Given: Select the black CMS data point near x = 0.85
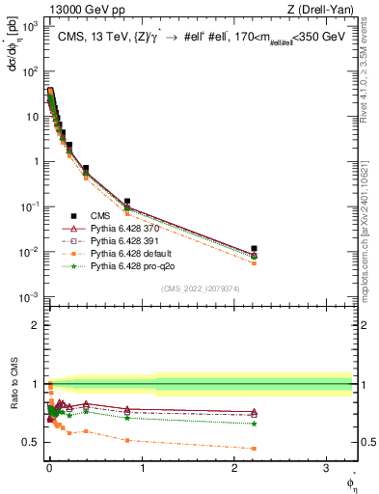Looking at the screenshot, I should click(x=127, y=202).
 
